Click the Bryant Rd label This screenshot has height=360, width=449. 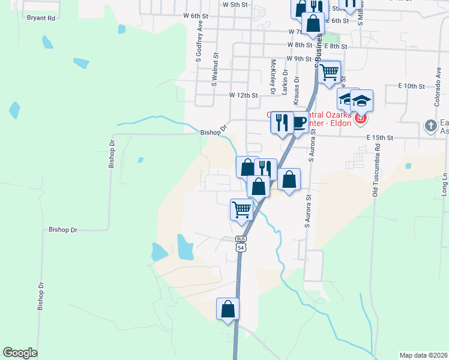click(41, 18)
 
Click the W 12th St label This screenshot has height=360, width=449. click(243, 95)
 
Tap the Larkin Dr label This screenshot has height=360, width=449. click(285, 82)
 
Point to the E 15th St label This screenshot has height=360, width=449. click(380, 137)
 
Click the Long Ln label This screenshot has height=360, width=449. click(445, 183)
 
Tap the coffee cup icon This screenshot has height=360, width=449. click(300, 123)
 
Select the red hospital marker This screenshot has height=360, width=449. click(360, 119)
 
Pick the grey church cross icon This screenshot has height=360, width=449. click(430, 126)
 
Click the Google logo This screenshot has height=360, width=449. click(20, 353)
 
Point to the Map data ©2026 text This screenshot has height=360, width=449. click(423, 355)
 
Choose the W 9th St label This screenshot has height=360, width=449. click(300, 59)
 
